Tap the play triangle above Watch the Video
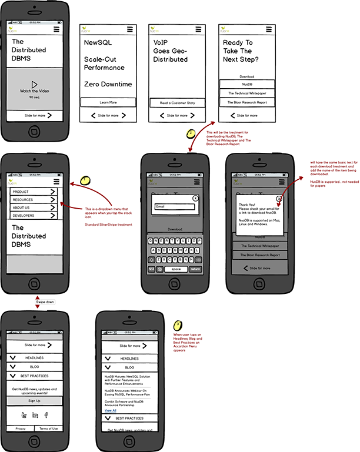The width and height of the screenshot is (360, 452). (34, 85)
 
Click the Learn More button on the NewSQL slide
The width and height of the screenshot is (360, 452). (108, 102)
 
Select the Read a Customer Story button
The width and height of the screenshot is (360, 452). (178, 102)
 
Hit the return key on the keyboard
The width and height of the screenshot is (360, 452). (194, 269)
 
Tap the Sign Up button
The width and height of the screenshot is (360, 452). (34, 400)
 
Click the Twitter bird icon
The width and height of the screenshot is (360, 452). (24, 415)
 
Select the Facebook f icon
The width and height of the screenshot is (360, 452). (46, 415)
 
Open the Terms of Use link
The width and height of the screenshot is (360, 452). (48, 428)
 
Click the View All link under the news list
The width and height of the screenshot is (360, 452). (110, 410)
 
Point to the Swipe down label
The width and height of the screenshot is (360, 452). (45, 302)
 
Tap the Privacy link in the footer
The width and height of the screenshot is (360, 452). (21, 428)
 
